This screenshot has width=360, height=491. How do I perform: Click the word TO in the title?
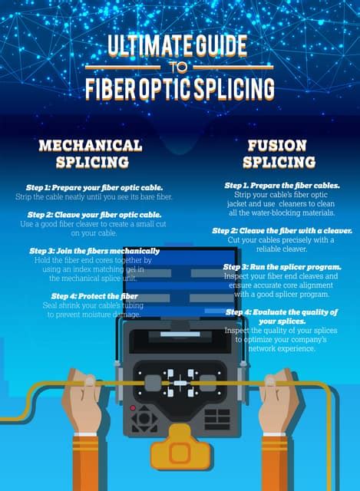pos(179,68)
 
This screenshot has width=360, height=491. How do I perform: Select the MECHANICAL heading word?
pos(91,146)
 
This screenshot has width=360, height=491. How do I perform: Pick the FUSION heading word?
pos(277,146)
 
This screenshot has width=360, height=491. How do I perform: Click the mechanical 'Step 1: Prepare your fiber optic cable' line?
pos(94,187)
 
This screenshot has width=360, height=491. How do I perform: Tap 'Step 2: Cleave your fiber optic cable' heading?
pos(94,215)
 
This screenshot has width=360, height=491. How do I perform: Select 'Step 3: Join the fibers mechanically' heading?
pos(94,251)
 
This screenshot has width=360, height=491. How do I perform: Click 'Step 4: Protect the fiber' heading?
pos(94,296)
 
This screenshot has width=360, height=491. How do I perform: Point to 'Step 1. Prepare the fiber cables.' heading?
pos(282,186)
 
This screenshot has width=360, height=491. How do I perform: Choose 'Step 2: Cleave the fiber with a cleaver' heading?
pos(282,231)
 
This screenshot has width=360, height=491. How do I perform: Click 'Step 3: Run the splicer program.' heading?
pos(282,267)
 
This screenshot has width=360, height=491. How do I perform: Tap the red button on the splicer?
pos(133,408)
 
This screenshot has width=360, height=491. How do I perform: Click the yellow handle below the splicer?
pos(180,448)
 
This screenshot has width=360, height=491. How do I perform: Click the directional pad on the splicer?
pos(144,418)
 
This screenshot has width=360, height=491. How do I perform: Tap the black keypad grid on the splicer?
pos(217,419)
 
